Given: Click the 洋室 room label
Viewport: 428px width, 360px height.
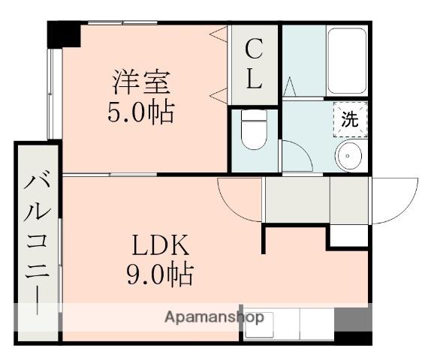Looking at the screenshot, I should coord(143,80).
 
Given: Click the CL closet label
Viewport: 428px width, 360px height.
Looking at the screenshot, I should coord(255,64).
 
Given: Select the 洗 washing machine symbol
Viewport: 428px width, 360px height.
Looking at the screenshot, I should coord(351,118).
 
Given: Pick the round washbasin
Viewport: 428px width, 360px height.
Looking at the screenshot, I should coord(349,157).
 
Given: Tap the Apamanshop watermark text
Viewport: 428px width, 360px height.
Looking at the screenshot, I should coord(214,316).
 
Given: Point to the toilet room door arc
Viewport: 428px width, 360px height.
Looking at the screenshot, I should coord(294,156).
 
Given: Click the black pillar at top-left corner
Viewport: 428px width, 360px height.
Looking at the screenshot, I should coord(65,34).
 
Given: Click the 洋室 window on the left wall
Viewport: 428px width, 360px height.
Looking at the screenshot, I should coord(52,94).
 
